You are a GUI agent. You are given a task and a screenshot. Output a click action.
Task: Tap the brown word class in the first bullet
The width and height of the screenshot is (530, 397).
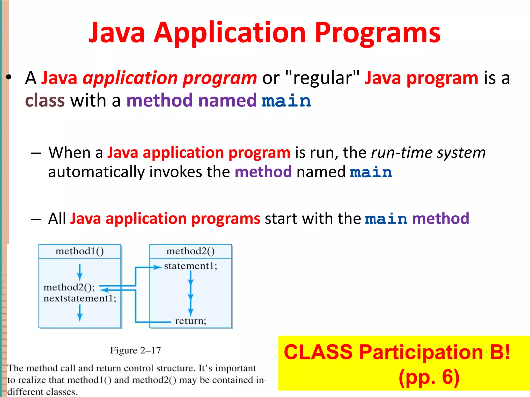tap(45, 101)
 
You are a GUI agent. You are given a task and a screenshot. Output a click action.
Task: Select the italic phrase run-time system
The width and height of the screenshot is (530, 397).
tap(428, 152)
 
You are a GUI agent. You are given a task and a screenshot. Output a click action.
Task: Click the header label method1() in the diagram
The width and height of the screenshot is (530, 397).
tap(79, 251)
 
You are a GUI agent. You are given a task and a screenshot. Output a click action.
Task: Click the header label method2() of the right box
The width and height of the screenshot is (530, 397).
tap(190, 251)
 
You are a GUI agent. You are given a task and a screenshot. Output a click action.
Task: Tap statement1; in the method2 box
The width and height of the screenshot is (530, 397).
tap(190, 266)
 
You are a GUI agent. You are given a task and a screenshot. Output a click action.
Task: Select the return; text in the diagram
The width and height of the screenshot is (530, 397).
tap(190, 321)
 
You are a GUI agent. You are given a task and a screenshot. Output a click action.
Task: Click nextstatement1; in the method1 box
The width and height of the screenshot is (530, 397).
tap(80, 299)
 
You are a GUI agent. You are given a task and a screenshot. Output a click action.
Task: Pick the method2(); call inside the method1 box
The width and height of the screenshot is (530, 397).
tap(69, 287)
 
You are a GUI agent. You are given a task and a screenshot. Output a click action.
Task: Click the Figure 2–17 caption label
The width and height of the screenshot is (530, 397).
tap(135, 350)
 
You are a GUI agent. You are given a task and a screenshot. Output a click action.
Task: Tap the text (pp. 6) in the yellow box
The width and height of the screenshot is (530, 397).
tap(429, 377)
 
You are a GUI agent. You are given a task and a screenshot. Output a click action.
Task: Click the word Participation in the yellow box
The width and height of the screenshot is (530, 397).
tap(421, 352)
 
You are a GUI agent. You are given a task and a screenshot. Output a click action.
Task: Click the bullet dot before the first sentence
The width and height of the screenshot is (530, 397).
tap(9, 77)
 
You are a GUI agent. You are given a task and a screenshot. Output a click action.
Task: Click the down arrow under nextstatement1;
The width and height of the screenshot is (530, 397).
tap(80, 313)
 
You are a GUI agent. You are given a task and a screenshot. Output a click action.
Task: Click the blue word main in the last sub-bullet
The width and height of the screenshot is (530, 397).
tap(386, 219)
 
